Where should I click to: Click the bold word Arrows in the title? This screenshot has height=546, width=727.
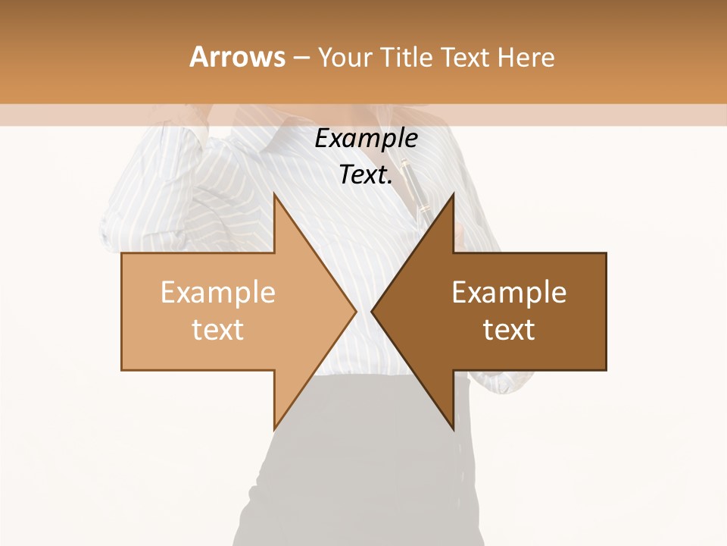(238, 57)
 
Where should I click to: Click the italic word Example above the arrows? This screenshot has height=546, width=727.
(366, 139)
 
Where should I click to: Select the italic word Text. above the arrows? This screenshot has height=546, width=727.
(366, 175)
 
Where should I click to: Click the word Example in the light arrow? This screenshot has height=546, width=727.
(218, 293)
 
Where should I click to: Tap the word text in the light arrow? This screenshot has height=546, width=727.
(218, 330)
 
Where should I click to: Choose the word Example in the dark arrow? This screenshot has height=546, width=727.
(509, 293)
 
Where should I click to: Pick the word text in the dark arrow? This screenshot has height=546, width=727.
(509, 330)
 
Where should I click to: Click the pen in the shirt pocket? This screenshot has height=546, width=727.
(416, 190)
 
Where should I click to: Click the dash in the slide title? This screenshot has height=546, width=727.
(301, 58)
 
